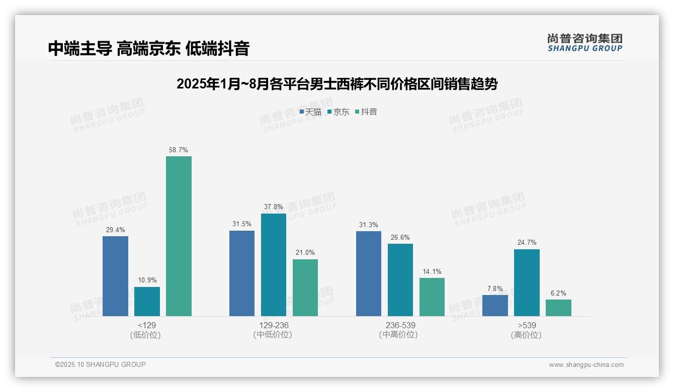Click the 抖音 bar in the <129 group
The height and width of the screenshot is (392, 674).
click(x=179, y=236)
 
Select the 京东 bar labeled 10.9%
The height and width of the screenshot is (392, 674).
click(x=147, y=302)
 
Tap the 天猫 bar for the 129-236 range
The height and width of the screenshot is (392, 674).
click(x=242, y=273)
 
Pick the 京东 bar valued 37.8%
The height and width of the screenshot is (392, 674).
click(x=274, y=265)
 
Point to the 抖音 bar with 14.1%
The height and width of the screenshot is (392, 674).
click(x=432, y=297)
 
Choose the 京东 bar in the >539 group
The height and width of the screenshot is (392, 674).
click(x=527, y=282)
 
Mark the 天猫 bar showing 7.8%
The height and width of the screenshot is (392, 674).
click(x=495, y=306)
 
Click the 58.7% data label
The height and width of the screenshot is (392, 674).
click(x=179, y=150)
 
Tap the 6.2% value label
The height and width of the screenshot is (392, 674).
click(x=558, y=293)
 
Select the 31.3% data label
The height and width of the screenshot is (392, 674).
click(x=369, y=225)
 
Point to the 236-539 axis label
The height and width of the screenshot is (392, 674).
click(x=400, y=325)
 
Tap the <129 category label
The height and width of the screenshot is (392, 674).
click(x=147, y=325)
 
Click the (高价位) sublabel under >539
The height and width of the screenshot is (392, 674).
click(x=526, y=335)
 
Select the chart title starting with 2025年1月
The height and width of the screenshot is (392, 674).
click(x=336, y=84)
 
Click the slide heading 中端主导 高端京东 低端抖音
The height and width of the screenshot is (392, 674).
click(x=149, y=49)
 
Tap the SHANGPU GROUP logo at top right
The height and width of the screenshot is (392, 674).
click(x=584, y=43)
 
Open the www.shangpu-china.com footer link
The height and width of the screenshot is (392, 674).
click(x=586, y=365)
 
